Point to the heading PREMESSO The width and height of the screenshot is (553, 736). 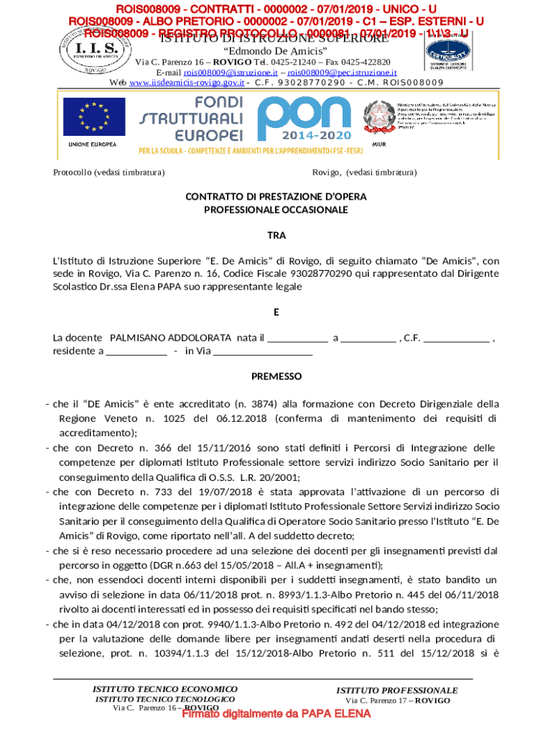click(x=276, y=377)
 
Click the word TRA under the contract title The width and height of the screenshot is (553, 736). click(x=276, y=236)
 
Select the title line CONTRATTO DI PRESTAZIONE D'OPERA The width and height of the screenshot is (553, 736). click(x=276, y=197)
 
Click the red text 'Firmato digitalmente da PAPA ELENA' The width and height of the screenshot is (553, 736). click(x=276, y=714)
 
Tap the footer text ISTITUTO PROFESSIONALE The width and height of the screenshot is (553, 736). click(x=397, y=691)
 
